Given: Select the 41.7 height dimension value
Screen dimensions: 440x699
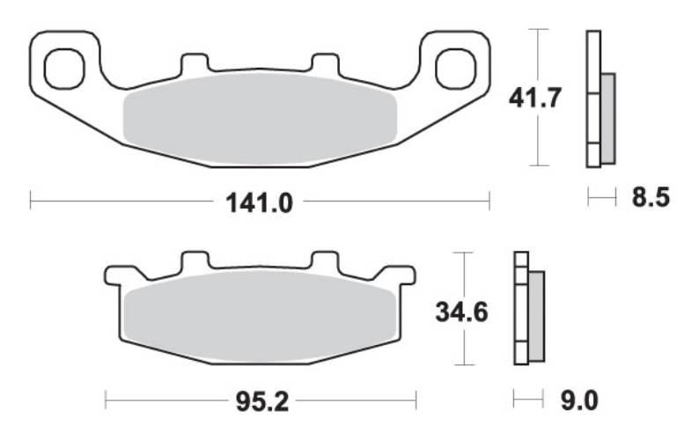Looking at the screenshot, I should [534, 99].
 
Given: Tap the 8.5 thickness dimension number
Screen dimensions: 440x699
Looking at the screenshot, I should [651, 198].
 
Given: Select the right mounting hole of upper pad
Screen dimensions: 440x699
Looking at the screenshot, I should [455, 69].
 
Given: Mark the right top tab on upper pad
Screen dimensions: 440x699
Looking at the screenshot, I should [325, 65].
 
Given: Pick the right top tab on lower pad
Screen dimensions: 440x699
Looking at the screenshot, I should [325, 261].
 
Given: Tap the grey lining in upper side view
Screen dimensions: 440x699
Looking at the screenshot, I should [607, 118].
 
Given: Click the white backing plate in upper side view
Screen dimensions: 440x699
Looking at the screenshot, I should [592, 99].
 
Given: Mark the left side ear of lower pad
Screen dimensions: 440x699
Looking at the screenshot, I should [114, 275].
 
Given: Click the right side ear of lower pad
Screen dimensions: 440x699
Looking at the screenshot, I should [405, 275].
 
